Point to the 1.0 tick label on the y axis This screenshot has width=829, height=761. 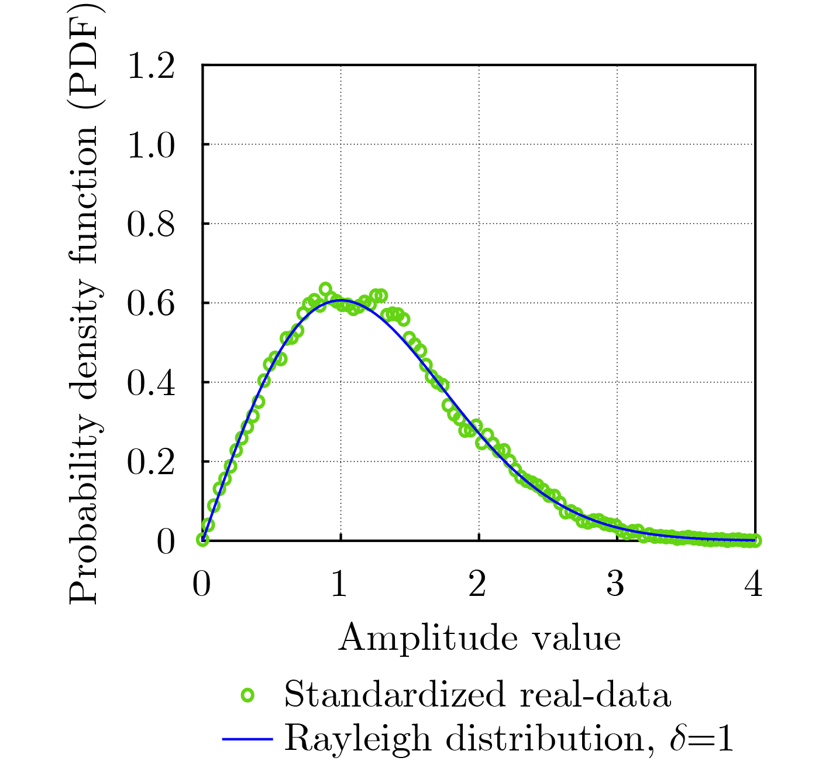pos(150,145)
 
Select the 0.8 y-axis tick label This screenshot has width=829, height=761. pos(150,225)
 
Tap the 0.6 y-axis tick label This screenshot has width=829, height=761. pos(150,304)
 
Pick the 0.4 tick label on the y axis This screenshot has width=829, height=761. pos(150,383)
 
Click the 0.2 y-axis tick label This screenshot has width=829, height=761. pos(150,462)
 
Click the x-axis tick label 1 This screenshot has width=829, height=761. pos(340,584)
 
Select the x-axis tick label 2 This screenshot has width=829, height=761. pos(478,584)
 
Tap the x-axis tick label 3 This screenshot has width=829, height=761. pos(616,584)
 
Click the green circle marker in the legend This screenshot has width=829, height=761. pos(248,695)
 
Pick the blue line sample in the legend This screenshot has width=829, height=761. pos(247,739)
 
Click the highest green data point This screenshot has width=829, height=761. pos(325,289)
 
